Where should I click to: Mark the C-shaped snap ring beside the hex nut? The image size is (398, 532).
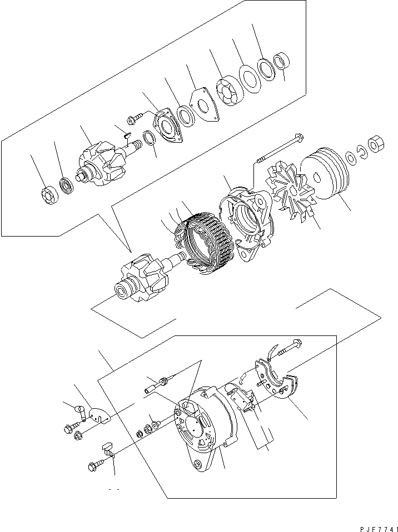(x=360, y=150)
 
